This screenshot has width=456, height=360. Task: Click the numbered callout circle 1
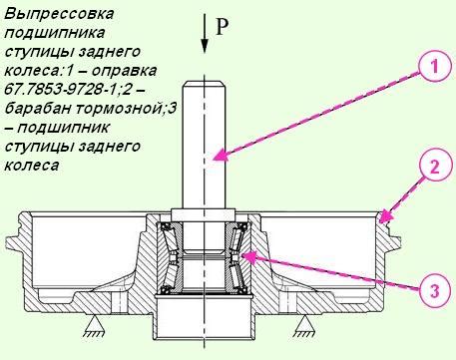431,66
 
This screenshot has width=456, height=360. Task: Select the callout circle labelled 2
432,168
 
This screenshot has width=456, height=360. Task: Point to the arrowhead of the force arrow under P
206,51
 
